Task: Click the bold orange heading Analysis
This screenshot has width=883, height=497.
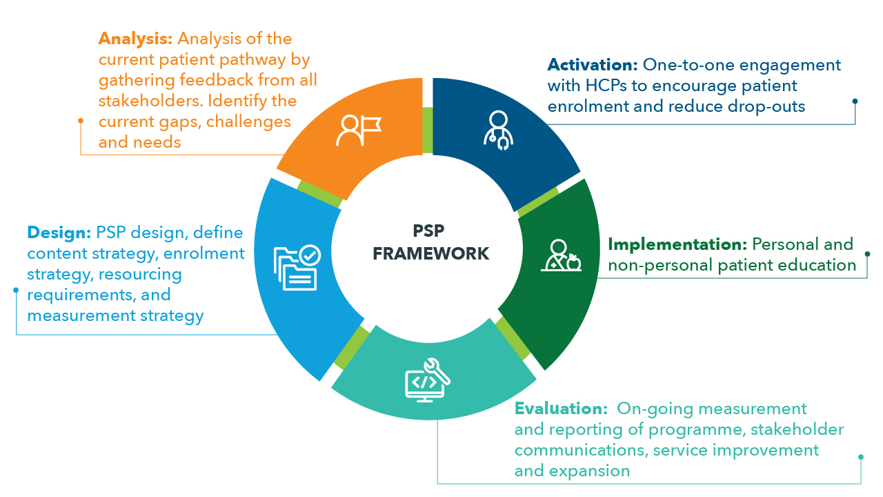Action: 135,39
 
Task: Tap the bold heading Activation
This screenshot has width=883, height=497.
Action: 593,65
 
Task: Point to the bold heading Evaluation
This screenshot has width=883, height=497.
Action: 560,409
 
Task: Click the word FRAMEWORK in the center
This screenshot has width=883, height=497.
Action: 431,253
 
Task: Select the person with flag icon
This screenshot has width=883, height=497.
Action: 357,129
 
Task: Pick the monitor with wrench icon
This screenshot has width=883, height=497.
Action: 426,378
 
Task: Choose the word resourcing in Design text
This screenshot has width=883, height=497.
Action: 141,275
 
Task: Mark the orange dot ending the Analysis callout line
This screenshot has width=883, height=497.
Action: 81,121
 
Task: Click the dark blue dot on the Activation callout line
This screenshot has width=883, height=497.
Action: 855,101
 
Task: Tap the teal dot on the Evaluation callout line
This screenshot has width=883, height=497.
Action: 860,457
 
